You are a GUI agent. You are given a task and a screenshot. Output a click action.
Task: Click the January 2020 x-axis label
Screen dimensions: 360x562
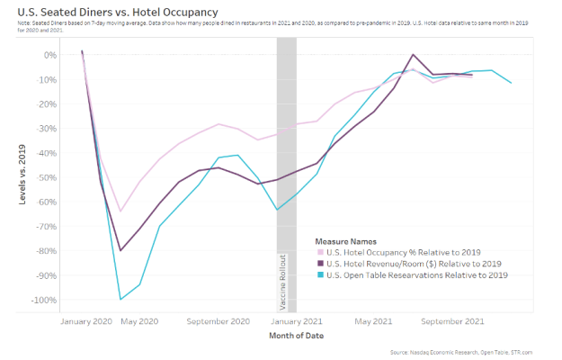click(85, 320)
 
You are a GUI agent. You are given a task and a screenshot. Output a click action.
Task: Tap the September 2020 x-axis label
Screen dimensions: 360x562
click(219, 320)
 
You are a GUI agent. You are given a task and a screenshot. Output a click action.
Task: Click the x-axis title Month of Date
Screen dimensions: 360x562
click(296, 336)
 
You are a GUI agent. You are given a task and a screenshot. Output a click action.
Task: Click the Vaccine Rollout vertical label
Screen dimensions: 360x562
click(285, 282)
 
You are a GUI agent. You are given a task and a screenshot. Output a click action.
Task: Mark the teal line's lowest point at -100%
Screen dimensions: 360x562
click(120, 299)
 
